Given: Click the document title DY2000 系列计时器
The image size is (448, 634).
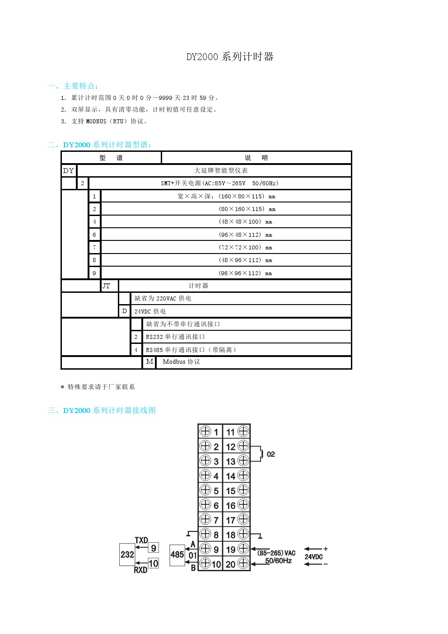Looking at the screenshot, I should click(230, 57).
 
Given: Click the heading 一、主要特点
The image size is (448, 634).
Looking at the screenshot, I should click(73, 86).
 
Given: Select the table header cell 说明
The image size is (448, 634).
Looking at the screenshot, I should click(256, 158).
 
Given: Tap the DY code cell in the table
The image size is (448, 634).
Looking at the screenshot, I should click(69, 171).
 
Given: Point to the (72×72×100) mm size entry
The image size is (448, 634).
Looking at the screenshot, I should click(245, 247).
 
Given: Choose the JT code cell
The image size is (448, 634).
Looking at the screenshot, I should click(107, 286).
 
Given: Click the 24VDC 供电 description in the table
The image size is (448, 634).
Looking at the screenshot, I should click(150, 311).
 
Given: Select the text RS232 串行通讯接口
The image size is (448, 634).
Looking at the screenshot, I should click(175, 337).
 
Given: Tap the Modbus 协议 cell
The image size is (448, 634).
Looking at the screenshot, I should click(181, 362).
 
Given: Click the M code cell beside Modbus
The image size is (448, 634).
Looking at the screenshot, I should click(149, 362).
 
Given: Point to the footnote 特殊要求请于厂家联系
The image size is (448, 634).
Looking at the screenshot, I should click(101, 387).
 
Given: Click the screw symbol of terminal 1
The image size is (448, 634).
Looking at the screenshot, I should click(205, 432).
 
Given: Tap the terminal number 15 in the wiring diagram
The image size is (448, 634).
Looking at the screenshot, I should click(230, 491).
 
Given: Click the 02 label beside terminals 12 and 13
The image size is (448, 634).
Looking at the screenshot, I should click(271, 454).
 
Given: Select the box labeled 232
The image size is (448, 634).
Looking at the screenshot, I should click(127, 554).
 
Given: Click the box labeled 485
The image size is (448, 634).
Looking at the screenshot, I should click(177, 554).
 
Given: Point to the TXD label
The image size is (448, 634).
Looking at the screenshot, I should click(141, 540).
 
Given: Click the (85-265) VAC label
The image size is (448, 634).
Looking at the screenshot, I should click(276, 553).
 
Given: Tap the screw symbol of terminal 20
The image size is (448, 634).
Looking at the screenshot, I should click(243, 563).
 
